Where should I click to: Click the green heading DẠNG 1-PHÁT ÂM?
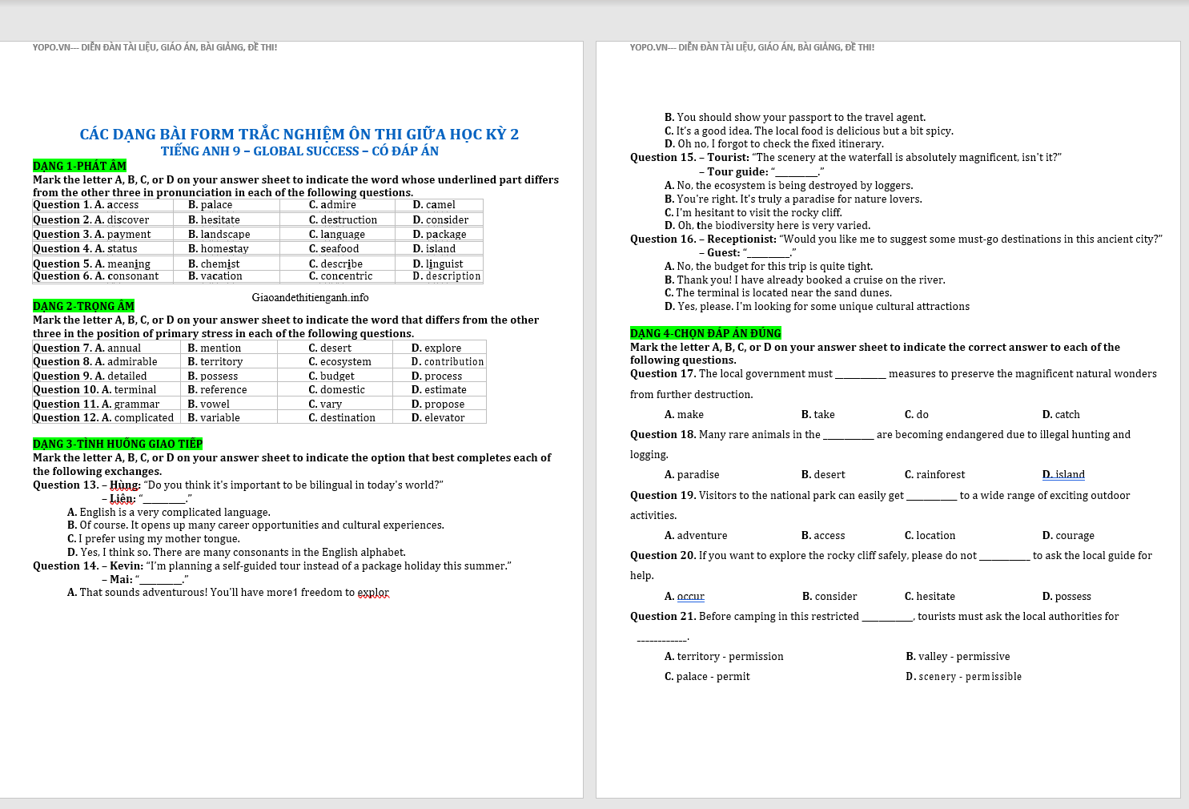point(79,166)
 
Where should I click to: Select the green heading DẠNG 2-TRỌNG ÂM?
point(83,306)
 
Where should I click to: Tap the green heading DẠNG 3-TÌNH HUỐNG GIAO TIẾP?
point(118,444)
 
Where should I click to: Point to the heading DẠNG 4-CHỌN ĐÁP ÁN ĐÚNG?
point(705,333)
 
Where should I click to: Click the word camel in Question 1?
point(440,205)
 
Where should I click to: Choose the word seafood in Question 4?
point(339,249)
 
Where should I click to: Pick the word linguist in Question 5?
point(444,264)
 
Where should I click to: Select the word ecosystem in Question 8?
point(345,362)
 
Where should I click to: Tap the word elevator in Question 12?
point(444,418)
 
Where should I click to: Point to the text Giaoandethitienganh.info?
point(310,297)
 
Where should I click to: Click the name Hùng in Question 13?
point(124,485)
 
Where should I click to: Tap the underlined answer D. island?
point(1063,475)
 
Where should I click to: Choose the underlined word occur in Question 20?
point(690,597)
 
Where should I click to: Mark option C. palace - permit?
point(707,677)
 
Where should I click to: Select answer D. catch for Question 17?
point(1061,415)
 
